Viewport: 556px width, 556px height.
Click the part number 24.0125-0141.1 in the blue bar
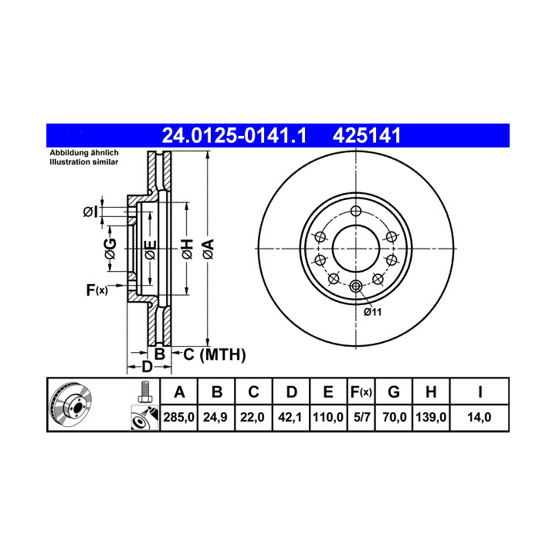(234, 135)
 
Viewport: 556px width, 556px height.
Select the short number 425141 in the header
(367, 135)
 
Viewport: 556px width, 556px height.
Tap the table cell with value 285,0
(178, 417)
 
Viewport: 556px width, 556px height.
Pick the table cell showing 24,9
(215, 417)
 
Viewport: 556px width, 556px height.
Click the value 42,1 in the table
(290, 417)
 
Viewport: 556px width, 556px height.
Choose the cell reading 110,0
(328, 417)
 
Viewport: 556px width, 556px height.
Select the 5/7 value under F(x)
(361, 417)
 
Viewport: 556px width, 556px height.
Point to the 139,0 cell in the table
(431, 417)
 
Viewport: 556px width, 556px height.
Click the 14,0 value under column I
(479, 417)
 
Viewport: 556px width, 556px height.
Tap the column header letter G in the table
(394, 392)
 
